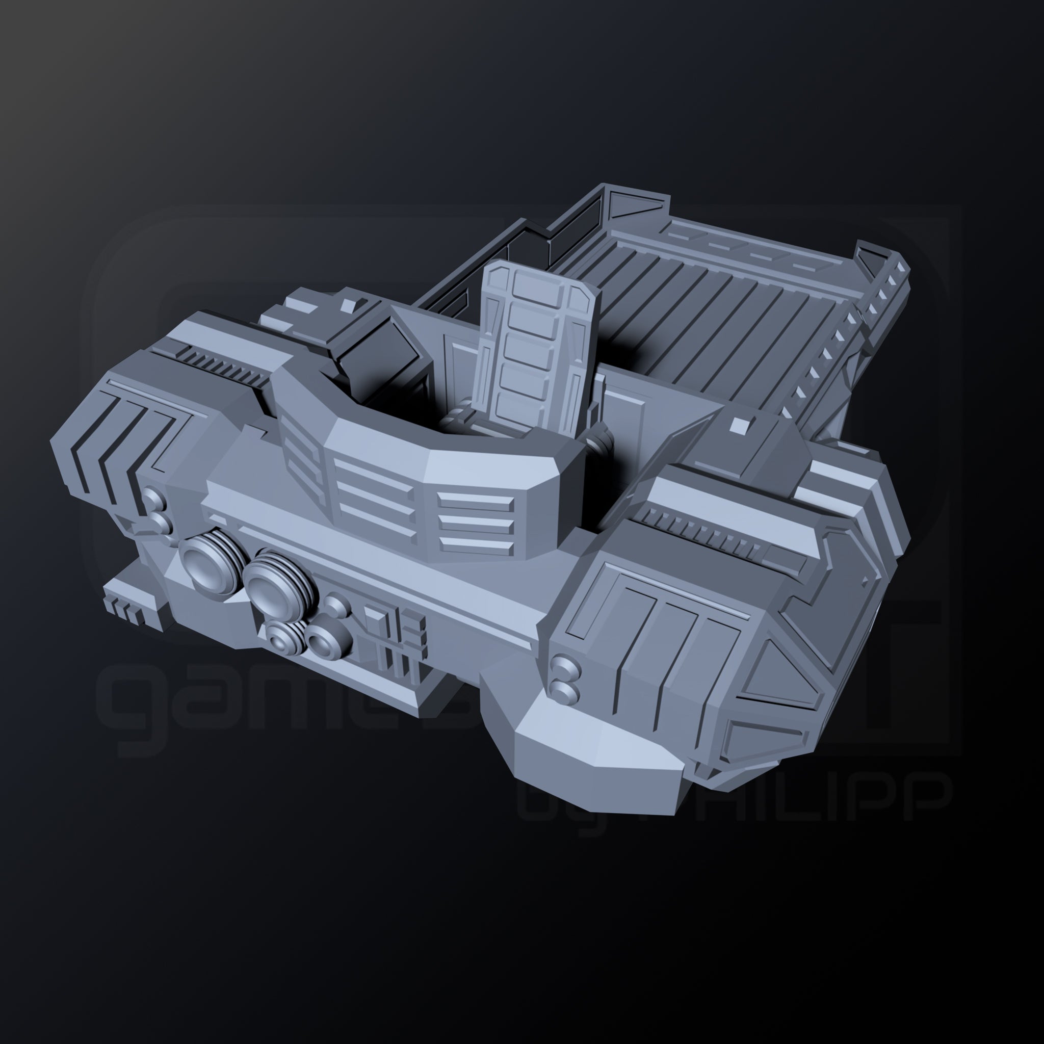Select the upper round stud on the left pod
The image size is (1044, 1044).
point(154,497)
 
